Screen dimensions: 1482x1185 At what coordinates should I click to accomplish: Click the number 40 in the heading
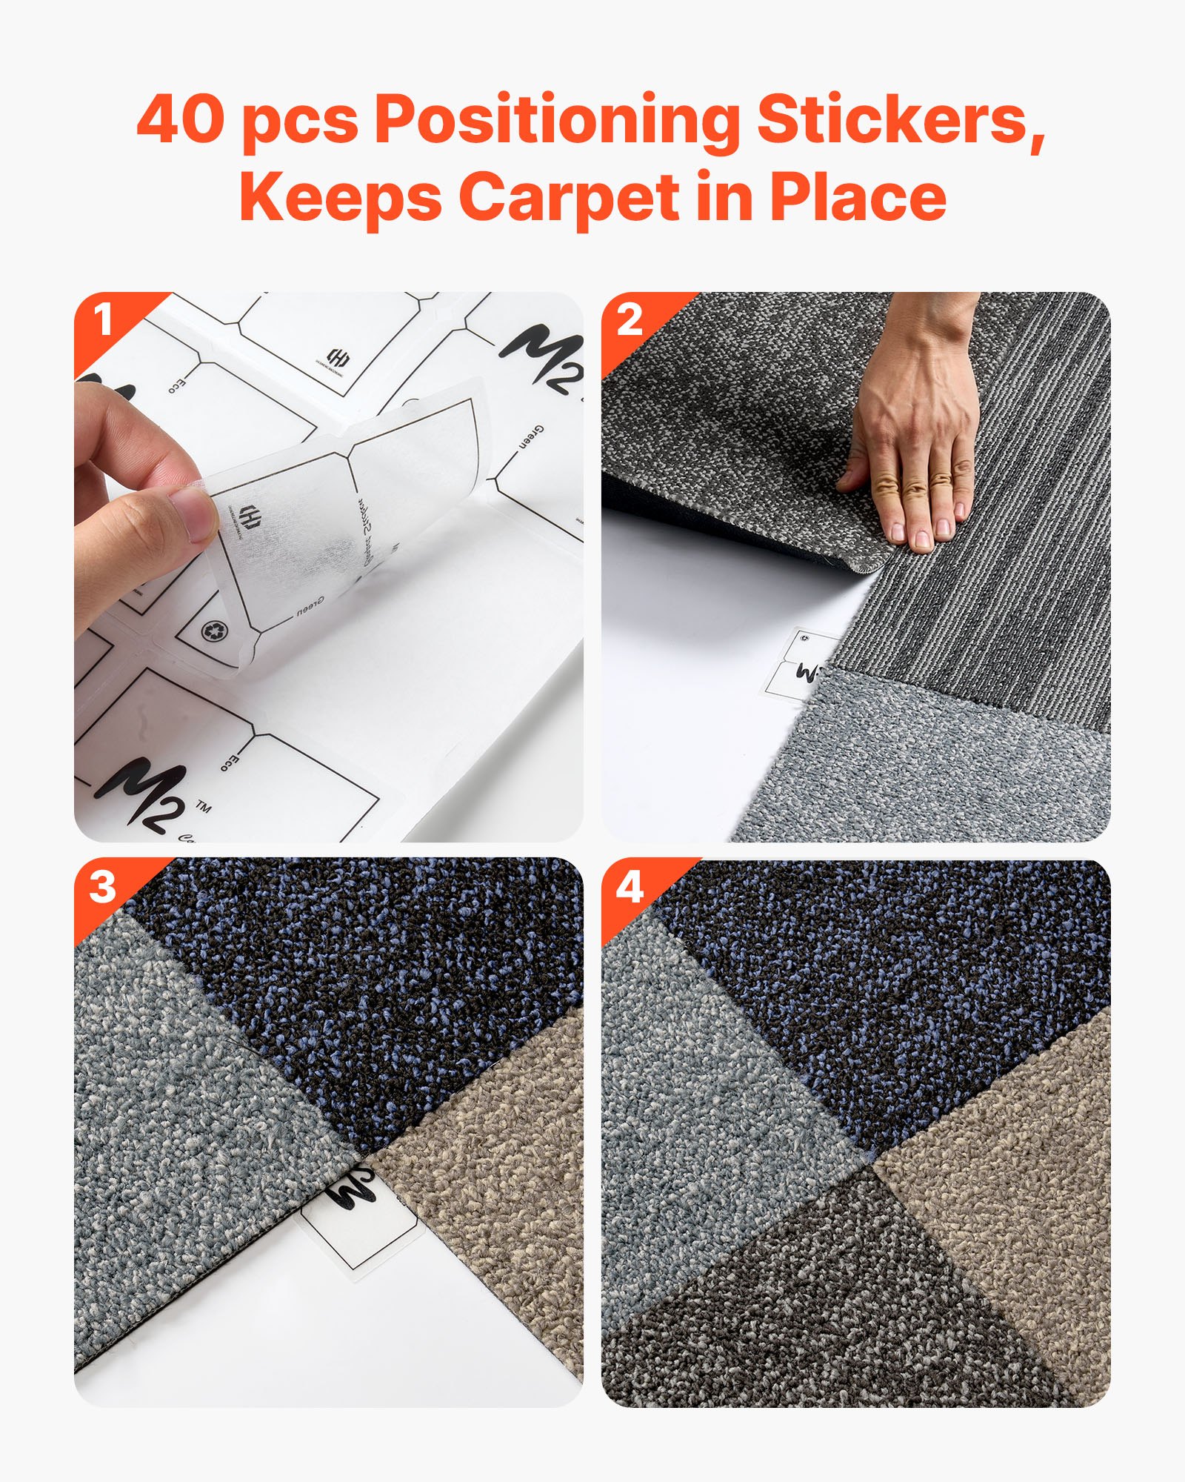tap(180, 121)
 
